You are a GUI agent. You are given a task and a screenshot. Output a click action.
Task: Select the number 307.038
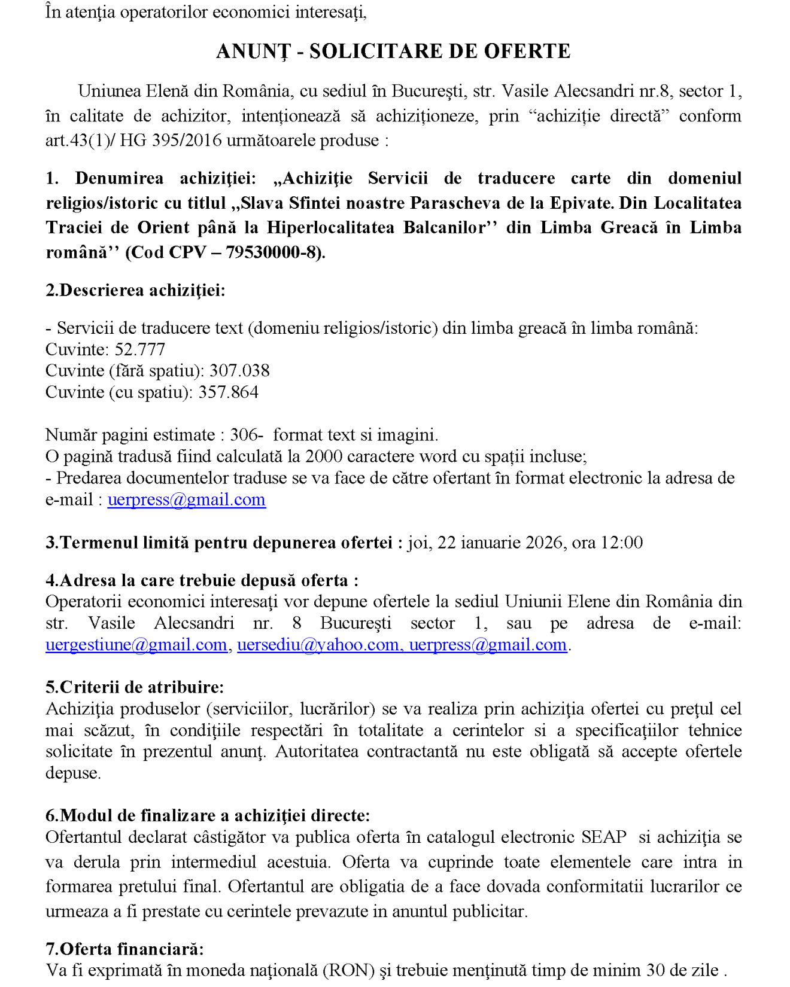point(239,371)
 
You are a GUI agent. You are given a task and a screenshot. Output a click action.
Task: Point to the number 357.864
point(229,392)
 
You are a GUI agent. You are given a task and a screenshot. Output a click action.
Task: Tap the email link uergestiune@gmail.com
point(136,645)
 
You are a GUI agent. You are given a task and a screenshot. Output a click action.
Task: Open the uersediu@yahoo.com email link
point(318,645)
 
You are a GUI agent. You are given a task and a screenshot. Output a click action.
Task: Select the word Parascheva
point(456,203)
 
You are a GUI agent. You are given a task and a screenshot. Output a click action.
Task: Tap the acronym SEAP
point(604,837)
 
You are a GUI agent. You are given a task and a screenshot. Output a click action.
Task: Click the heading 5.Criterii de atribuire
point(135,687)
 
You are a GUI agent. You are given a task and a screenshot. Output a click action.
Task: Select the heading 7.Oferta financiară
point(124,949)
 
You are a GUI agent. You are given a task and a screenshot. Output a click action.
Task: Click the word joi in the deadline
point(420,543)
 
